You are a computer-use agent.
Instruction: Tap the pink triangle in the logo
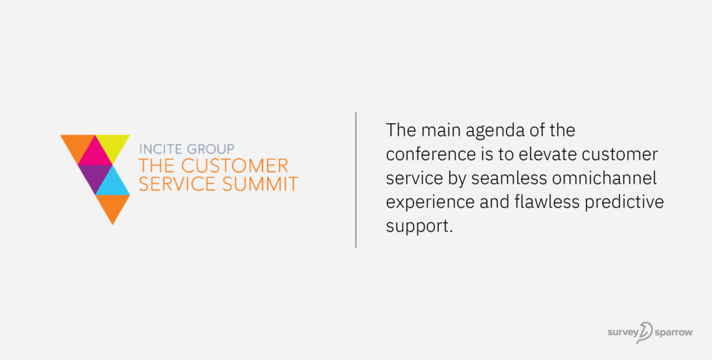pyautogui.click(x=95, y=154)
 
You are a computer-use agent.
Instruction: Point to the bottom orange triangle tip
pyautogui.click(x=112, y=219)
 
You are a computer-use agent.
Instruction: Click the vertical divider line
pyautogui.click(x=356, y=179)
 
